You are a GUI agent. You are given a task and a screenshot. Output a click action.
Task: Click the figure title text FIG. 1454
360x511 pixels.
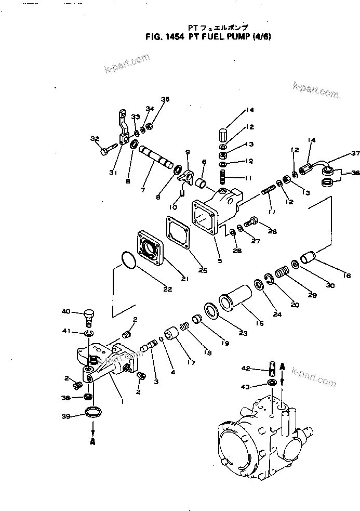click(x=163, y=37)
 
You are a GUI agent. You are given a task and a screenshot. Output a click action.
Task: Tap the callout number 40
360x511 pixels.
click(x=65, y=312)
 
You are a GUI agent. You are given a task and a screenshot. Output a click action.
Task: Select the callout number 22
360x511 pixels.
click(x=167, y=290)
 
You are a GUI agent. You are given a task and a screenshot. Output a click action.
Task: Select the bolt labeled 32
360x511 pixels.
click(x=107, y=151)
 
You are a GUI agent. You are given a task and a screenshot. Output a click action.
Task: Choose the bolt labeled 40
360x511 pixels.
click(x=90, y=317)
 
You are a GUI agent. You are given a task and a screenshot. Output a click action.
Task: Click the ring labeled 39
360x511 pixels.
click(x=94, y=413)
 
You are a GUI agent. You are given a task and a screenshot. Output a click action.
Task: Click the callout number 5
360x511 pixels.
click(x=220, y=261)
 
